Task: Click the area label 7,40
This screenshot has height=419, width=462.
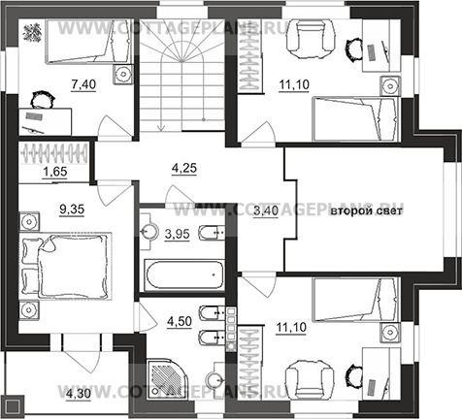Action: [x=83, y=84]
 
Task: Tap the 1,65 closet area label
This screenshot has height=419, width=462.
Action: [x=55, y=172]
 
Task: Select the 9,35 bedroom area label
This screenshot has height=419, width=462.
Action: [x=72, y=209]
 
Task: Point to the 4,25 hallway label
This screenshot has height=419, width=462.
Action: [x=184, y=169]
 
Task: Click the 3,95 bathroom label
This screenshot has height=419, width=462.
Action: [x=177, y=234]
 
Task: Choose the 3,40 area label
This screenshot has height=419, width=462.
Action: [x=266, y=211]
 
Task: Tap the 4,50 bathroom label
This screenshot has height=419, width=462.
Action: [x=180, y=322]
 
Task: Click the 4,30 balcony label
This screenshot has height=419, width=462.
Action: [x=79, y=395]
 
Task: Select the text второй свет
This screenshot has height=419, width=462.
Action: [x=366, y=211]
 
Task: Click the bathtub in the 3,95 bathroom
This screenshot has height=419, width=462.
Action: [x=184, y=274]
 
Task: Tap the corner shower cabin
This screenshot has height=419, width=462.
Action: [x=166, y=374]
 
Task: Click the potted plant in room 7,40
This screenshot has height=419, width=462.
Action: [x=32, y=32]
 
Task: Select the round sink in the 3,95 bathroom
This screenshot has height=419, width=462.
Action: [x=149, y=232]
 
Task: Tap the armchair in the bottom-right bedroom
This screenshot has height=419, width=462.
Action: [x=310, y=379]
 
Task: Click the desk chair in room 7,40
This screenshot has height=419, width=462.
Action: [x=42, y=100]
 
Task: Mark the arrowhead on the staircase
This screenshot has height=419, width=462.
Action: [x=160, y=128]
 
